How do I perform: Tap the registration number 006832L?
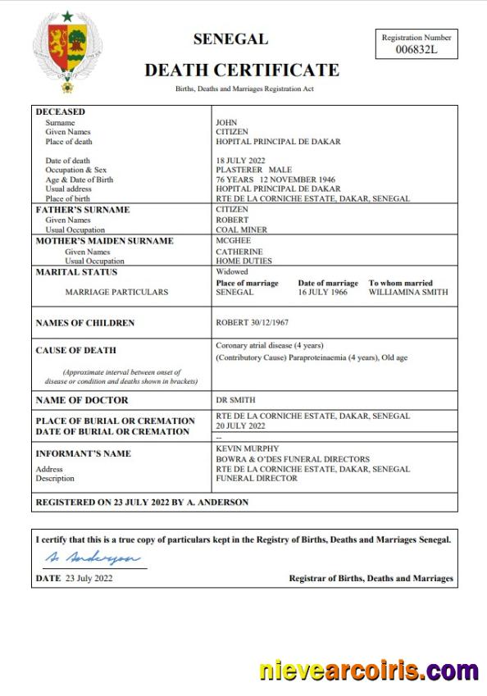(x=416, y=49)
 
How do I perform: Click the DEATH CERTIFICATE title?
(x=242, y=70)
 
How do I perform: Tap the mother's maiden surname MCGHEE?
(x=234, y=241)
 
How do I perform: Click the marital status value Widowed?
(x=231, y=272)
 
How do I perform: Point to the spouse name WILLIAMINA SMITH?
(x=407, y=292)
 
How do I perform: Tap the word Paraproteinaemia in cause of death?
(x=310, y=358)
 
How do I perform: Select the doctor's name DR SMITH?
(x=235, y=400)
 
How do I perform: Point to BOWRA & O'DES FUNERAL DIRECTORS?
(x=292, y=459)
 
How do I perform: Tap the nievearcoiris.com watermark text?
(x=369, y=670)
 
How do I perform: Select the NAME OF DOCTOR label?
(x=82, y=400)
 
